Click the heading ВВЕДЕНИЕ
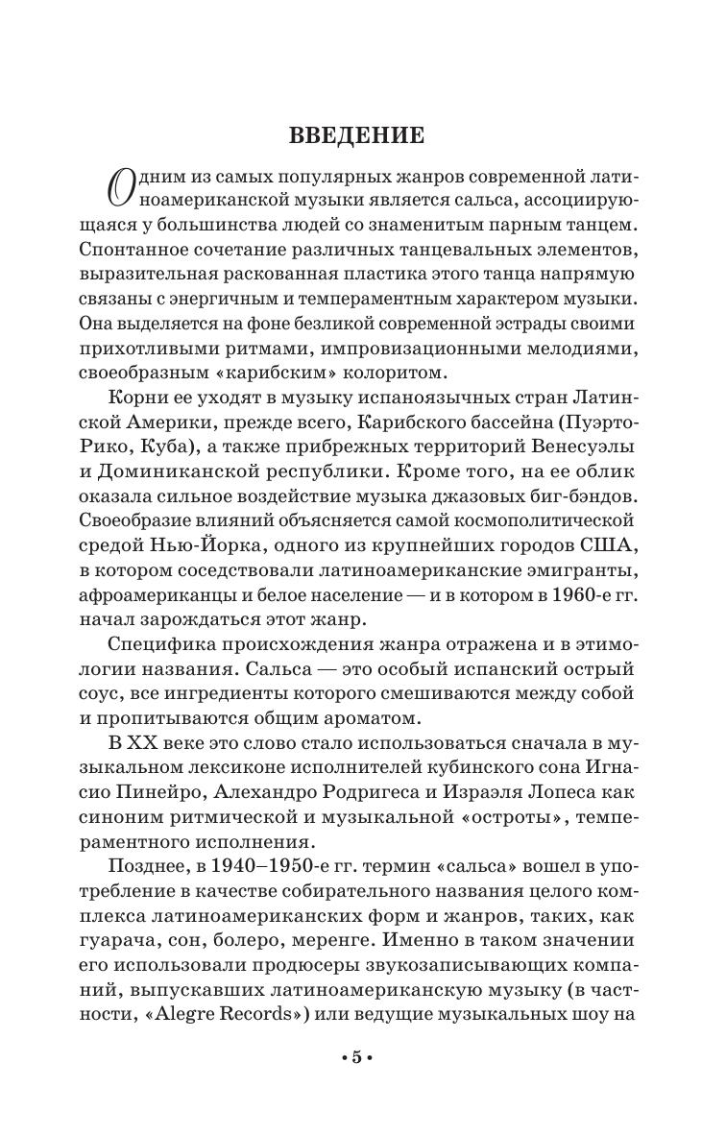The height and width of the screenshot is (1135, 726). (356, 135)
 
